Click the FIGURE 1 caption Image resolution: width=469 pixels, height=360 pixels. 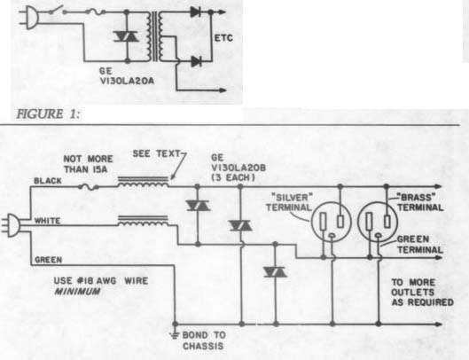(49, 113)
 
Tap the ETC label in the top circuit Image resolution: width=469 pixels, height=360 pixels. (223, 38)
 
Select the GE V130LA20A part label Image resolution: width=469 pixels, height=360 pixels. (127, 75)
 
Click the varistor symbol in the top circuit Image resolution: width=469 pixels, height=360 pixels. (126, 36)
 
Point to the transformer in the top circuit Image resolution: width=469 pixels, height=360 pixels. (154, 35)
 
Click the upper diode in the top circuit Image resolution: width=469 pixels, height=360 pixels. (196, 12)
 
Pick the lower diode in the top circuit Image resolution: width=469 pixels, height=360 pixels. (196, 61)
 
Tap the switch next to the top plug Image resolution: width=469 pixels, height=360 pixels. (57, 10)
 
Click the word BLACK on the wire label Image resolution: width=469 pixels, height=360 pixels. (48, 181)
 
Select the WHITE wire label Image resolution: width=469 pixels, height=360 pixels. (48, 221)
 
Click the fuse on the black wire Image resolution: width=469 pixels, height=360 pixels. (89, 187)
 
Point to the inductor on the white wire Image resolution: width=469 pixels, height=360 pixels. (143, 221)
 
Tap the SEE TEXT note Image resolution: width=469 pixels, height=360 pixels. (156, 153)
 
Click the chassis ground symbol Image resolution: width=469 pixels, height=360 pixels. (175, 334)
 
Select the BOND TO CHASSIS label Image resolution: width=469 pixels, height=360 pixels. (204, 340)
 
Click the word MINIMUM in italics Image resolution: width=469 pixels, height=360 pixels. (77, 291)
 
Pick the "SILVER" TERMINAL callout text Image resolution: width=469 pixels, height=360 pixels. (289, 202)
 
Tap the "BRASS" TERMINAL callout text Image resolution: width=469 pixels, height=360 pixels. (419, 202)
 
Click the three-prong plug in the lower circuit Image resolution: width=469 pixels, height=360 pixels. (11, 225)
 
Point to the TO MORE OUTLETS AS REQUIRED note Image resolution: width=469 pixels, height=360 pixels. (422, 292)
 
